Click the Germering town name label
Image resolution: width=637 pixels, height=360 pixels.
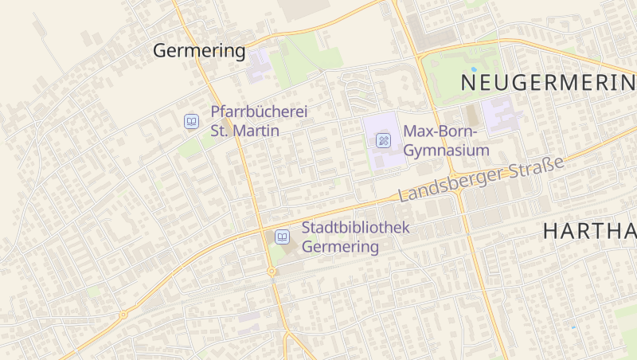pyautogui.click(x=199, y=51)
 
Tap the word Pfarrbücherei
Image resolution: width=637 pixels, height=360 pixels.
pyautogui.click(x=259, y=112)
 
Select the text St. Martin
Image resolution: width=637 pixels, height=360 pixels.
pyautogui.click(x=244, y=130)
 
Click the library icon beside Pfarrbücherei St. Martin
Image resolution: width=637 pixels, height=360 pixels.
pyautogui.click(x=191, y=121)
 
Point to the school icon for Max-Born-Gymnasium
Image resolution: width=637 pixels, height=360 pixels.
pyautogui.click(x=383, y=140)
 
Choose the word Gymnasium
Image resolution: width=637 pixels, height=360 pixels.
pyautogui.click(x=446, y=150)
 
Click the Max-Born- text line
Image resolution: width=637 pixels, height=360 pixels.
pyautogui.click(x=440, y=131)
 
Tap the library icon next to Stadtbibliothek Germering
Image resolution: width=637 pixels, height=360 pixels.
pyautogui.click(x=282, y=237)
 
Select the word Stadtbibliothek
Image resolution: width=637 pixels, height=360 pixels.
pyautogui.click(x=356, y=228)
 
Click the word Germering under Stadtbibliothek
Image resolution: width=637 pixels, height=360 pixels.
pyautogui.click(x=341, y=247)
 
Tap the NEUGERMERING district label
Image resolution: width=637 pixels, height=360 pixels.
pyautogui.click(x=548, y=82)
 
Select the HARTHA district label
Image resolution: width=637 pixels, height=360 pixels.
pyautogui.click(x=589, y=232)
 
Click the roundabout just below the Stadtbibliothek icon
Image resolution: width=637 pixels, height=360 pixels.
pyautogui.click(x=272, y=272)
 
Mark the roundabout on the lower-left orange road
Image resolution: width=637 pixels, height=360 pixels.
pyautogui.click(x=123, y=315)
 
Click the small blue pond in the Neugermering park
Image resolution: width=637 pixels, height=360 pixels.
pyautogui.click(x=473, y=70)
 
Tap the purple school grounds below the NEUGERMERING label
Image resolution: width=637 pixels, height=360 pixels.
pyautogui.click(x=500, y=115)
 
